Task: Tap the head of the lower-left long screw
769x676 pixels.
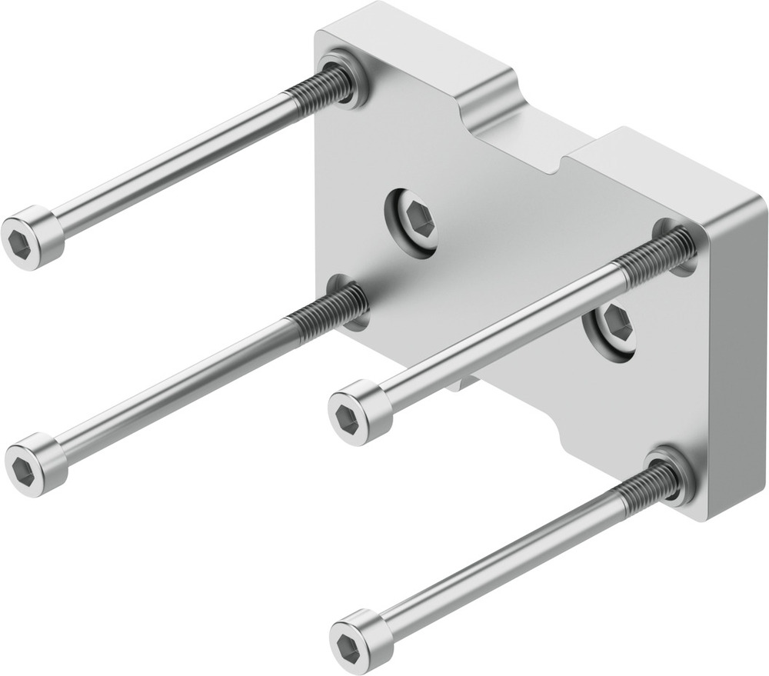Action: click(33, 464)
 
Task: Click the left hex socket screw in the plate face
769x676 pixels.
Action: click(413, 221)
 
